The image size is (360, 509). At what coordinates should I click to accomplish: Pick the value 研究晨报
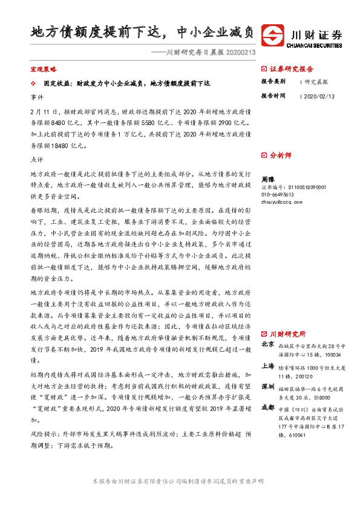(x=316, y=81)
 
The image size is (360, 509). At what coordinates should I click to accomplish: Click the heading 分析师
(x=280, y=155)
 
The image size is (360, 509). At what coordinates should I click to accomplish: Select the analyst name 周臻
(x=267, y=180)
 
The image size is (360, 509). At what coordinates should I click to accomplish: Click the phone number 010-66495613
(x=277, y=195)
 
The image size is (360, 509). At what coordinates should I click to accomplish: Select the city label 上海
(x=267, y=366)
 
